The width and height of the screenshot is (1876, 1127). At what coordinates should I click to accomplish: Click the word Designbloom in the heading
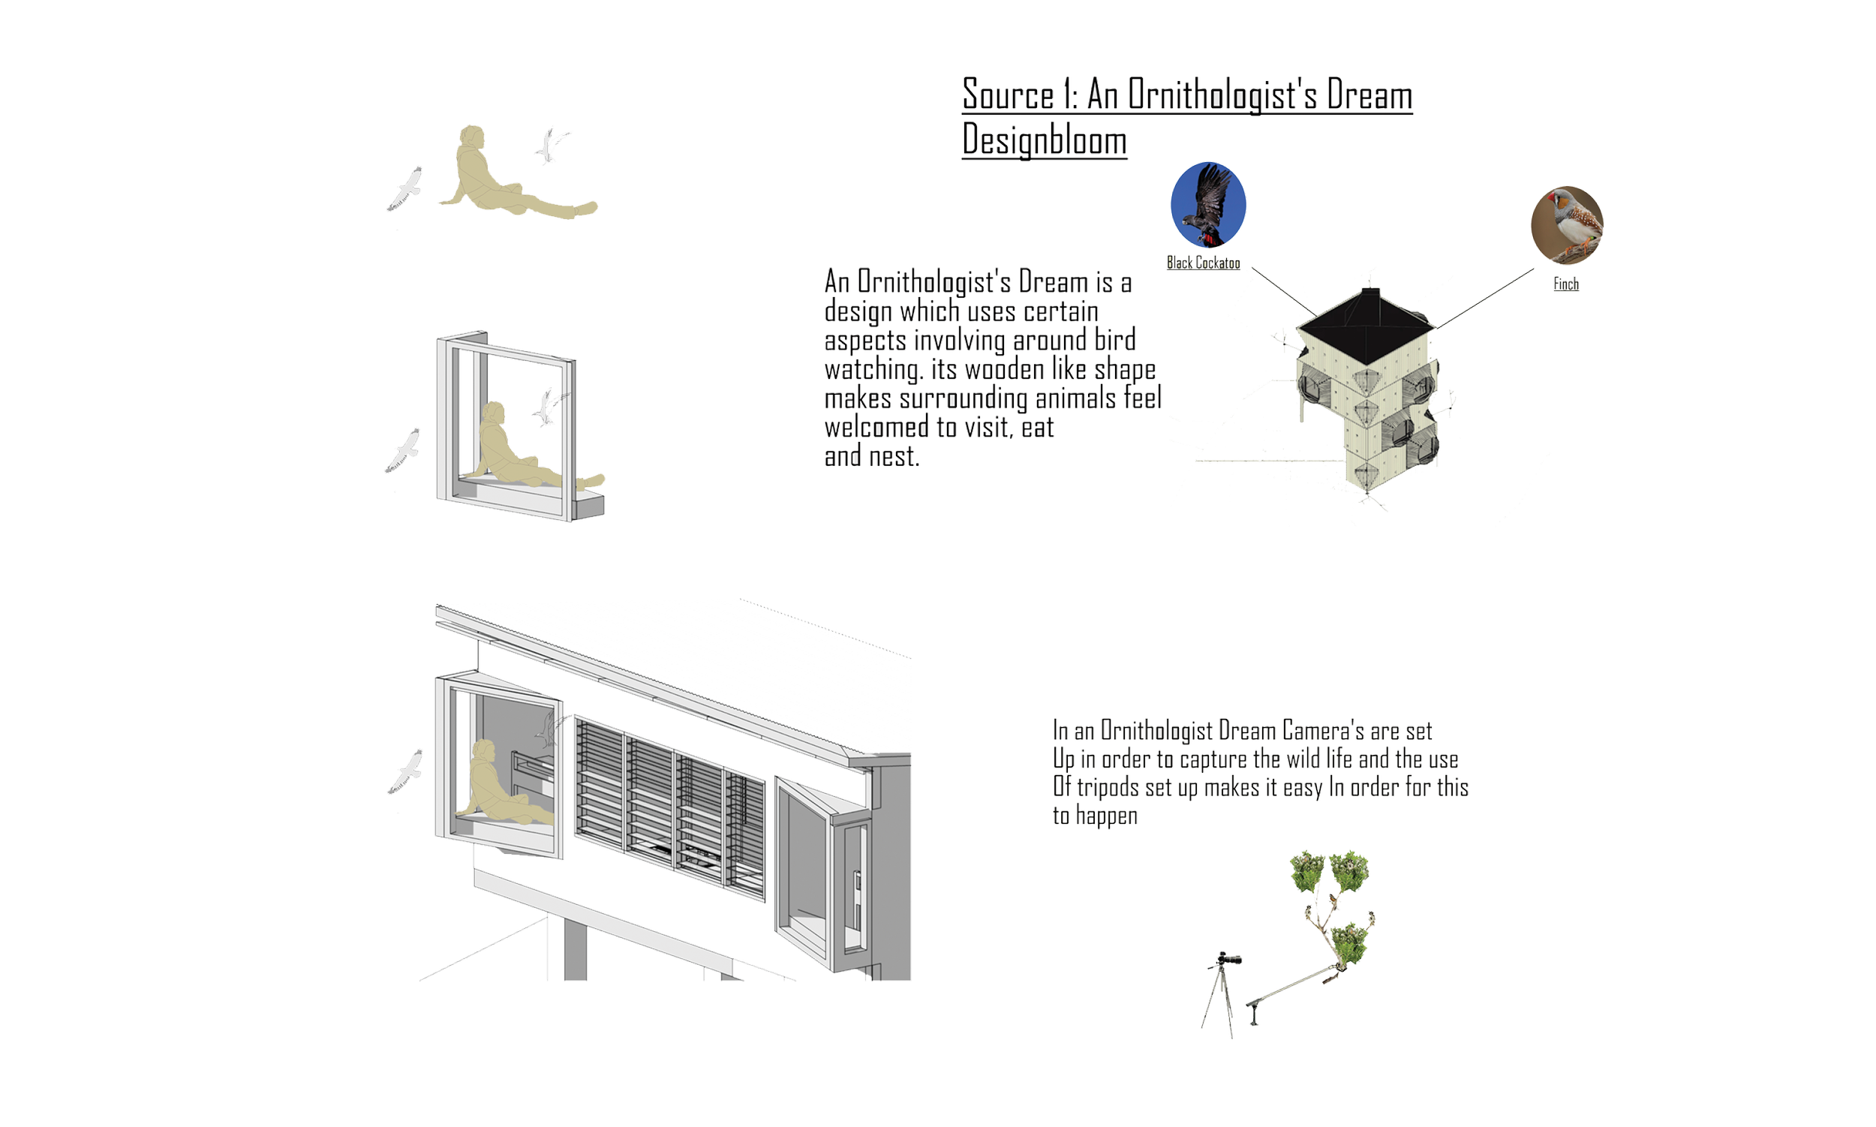coord(1045,140)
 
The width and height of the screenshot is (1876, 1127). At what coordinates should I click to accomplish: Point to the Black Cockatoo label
coord(1204,263)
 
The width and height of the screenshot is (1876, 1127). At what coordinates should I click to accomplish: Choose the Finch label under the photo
coord(1568,287)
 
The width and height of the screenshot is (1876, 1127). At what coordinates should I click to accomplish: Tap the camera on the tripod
coord(1226,962)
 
